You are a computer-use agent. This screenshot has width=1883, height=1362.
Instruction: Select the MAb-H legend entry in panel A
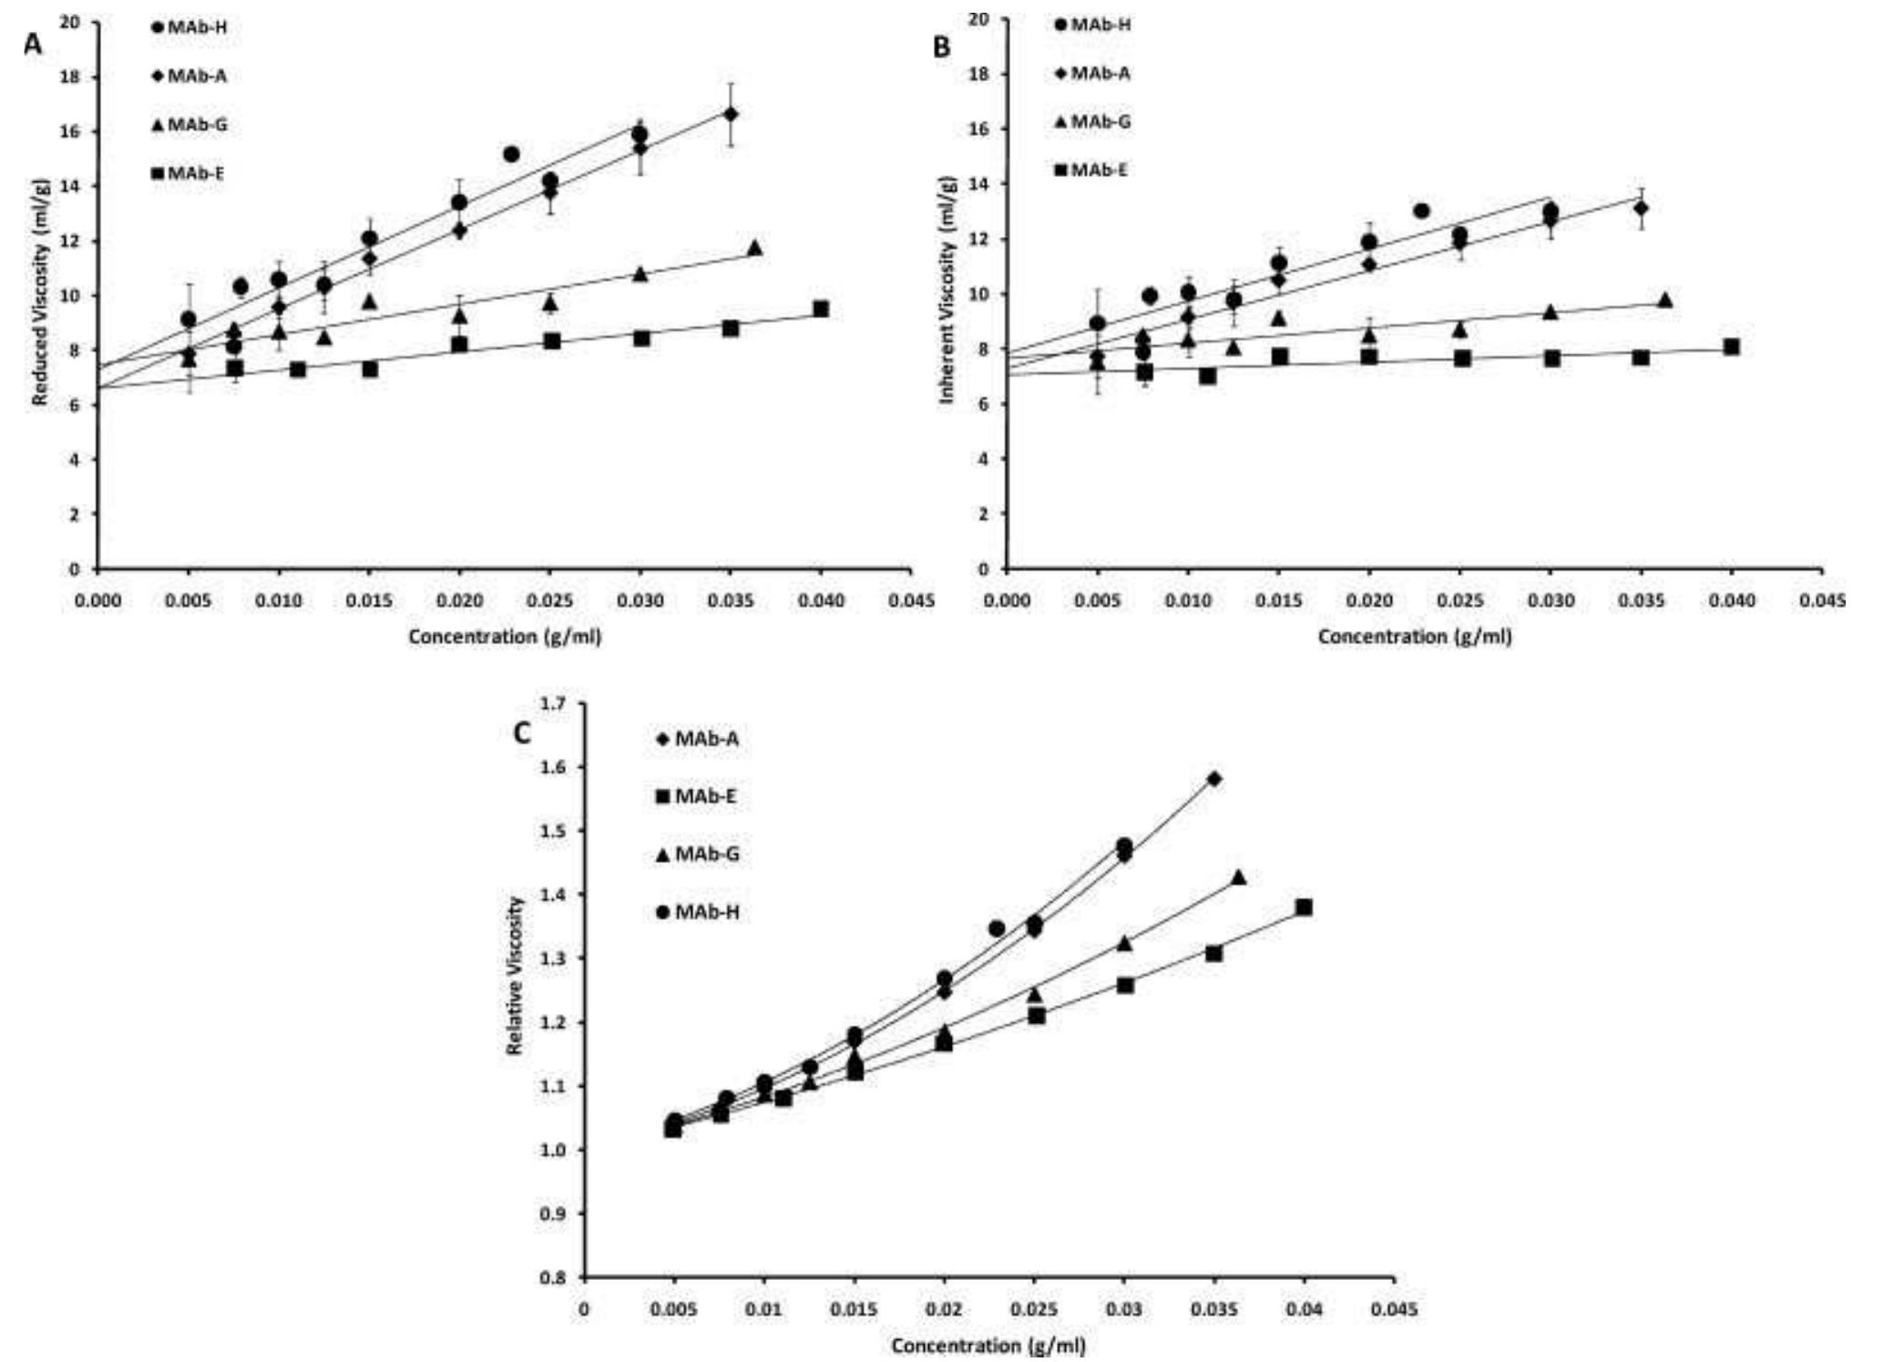coord(189,27)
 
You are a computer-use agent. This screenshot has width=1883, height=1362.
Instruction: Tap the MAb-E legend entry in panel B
coord(1092,170)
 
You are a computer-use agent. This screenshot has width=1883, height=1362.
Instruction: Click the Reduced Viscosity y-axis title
coord(40,304)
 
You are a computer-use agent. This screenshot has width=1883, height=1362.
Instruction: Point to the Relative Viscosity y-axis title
coord(515,975)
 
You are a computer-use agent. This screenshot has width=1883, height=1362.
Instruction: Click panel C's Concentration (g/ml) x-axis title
coord(988,1346)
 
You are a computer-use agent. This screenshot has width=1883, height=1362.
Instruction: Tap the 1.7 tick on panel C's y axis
coord(553,703)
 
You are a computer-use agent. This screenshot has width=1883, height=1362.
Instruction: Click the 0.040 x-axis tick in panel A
coord(821,601)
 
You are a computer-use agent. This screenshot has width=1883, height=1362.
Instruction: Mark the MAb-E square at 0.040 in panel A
coord(821,309)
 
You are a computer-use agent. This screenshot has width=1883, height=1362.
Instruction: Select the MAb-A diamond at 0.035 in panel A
coord(731,114)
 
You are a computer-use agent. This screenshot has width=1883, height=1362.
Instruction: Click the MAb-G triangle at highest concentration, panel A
coord(754,248)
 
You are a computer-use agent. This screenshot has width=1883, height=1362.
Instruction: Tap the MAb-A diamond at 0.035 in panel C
coord(1214,779)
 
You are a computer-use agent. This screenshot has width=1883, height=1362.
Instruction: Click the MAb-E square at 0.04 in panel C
coord(1304,907)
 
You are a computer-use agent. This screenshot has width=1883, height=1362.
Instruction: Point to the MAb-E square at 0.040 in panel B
coord(1731,347)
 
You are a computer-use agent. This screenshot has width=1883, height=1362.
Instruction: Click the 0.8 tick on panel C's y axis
coord(553,1278)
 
